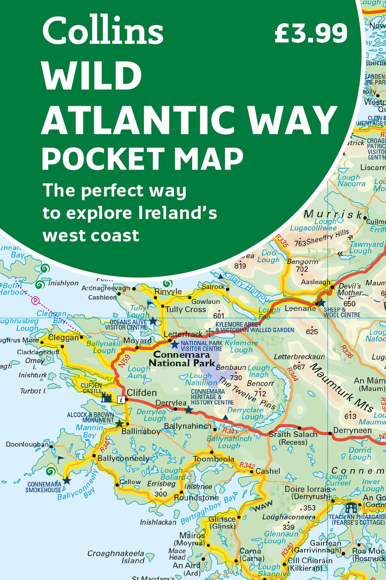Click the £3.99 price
[x=311, y=33]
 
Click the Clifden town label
[x=142, y=393]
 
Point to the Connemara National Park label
[x=182, y=359]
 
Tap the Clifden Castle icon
[x=107, y=397]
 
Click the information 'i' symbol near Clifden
[x=122, y=400]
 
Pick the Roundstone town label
[x=196, y=498]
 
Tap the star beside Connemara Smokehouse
[x=67, y=481]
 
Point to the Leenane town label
[x=300, y=309]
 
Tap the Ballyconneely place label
[x=123, y=459]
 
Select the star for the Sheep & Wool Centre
[x=321, y=303]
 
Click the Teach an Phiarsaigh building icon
[x=351, y=507]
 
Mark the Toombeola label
[x=213, y=459]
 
